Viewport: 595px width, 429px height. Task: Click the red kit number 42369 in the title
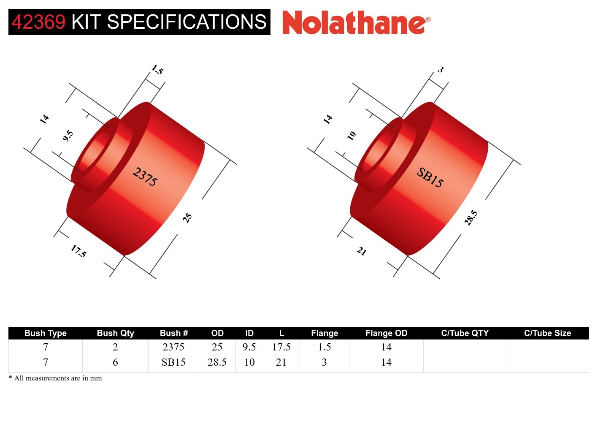38,22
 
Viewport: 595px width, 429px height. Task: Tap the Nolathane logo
356,22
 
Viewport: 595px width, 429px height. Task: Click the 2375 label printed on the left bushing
145,177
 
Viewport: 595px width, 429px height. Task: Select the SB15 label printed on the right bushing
430,178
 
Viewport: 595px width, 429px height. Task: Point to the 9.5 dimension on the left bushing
68,136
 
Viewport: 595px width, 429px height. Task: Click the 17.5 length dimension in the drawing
78,251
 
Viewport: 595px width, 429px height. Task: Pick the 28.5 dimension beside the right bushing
471,218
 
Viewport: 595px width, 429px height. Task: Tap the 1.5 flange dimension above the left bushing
157,70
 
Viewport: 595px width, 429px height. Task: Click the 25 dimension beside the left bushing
187,218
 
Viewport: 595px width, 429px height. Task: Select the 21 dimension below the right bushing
362,251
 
